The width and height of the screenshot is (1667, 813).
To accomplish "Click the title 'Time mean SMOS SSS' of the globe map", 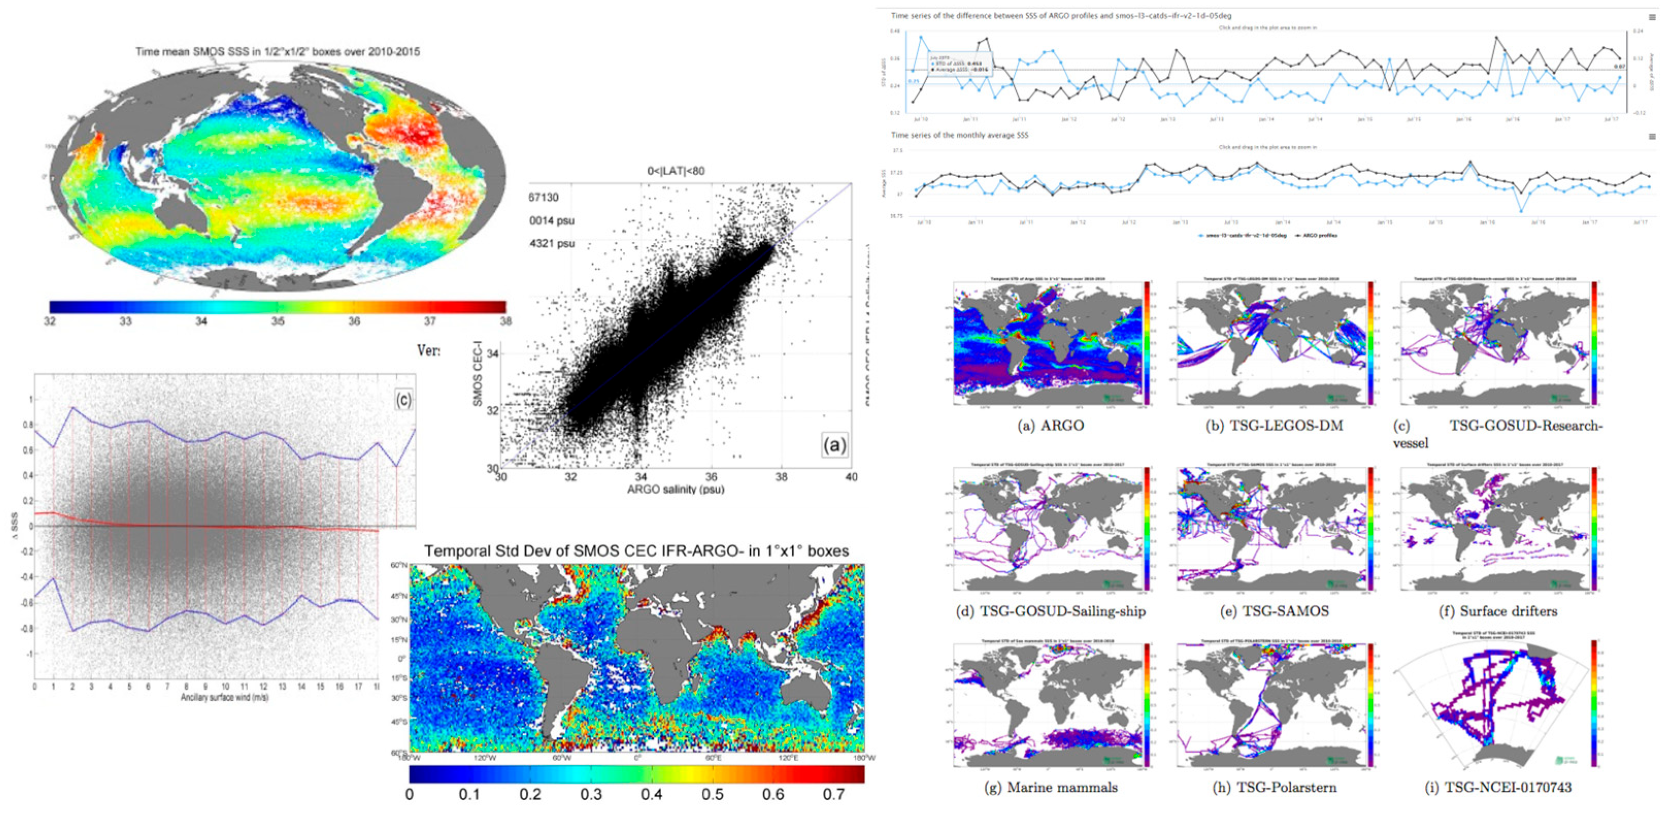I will click(x=277, y=51).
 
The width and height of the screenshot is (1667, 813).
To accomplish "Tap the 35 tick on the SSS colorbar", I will click(x=278, y=321).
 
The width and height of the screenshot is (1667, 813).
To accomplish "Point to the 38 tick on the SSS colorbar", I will click(x=506, y=321).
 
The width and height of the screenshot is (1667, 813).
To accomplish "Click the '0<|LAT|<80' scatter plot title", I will click(x=676, y=171).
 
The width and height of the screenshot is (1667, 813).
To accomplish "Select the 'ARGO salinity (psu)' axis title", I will click(x=676, y=490).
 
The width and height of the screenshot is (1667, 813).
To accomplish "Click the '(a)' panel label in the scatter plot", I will click(x=834, y=445).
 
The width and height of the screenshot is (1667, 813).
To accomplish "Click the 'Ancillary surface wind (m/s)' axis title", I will click(x=225, y=698).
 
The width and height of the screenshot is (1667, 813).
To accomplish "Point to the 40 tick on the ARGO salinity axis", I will click(x=851, y=477).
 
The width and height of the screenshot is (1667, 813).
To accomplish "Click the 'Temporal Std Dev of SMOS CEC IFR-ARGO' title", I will click(x=636, y=551).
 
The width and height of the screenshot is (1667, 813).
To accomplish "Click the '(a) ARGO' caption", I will click(x=1050, y=426).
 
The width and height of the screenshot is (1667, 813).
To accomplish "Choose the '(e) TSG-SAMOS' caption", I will click(x=1273, y=611).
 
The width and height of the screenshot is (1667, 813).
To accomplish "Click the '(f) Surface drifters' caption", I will click(x=1498, y=611).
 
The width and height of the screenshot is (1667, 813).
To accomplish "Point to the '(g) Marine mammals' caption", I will click(x=1050, y=787).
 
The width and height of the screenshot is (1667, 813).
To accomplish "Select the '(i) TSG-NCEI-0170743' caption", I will click(x=1498, y=787).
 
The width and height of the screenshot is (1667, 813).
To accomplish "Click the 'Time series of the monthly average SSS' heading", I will click(x=959, y=135).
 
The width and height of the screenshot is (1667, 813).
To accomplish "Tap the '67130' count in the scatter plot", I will click(x=544, y=197).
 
